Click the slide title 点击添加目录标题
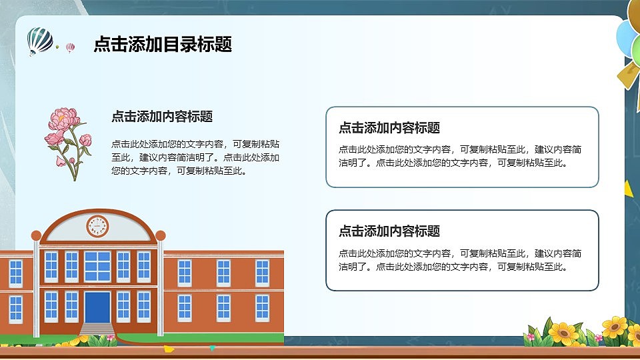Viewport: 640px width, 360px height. (x=163, y=45)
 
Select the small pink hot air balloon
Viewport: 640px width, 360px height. (x=70, y=47)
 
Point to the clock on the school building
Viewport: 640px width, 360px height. (x=97, y=227)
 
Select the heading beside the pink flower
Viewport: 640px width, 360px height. (x=162, y=117)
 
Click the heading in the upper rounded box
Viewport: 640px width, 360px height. (x=389, y=128)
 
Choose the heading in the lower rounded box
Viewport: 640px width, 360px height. (x=389, y=231)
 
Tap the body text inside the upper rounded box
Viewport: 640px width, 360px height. (x=460, y=156)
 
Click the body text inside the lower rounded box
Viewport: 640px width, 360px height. (x=460, y=260)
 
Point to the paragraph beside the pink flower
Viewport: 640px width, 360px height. (x=195, y=157)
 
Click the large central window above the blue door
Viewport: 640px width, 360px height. (x=97, y=266)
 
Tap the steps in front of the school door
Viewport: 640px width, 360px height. (x=97, y=329)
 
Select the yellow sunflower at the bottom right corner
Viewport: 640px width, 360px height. (x=614, y=327)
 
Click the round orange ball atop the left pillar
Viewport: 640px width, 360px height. (x=36, y=235)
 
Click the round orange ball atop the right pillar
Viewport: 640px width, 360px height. (x=160, y=235)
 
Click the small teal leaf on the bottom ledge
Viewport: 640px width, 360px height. (x=212, y=348)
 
